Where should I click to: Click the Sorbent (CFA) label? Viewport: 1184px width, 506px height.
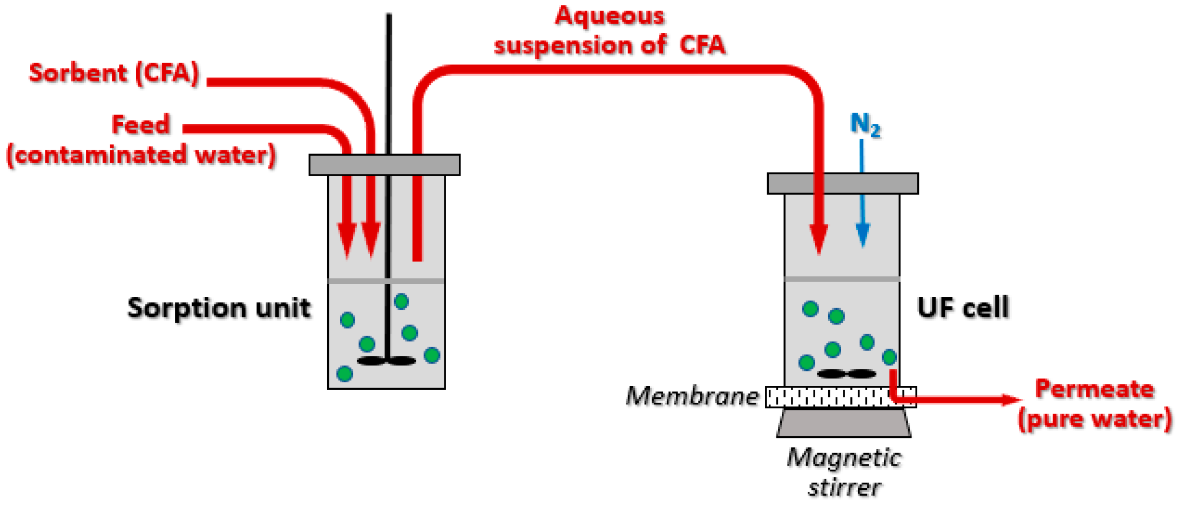click(x=114, y=73)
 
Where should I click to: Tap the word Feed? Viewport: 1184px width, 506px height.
click(x=141, y=125)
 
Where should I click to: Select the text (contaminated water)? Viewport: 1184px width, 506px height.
click(x=141, y=155)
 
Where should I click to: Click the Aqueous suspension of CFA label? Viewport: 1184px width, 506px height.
click(x=610, y=31)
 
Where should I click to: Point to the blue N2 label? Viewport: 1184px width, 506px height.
click(x=865, y=124)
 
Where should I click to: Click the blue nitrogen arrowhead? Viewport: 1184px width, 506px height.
click(x=863, y=235)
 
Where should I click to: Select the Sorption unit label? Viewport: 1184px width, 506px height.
click(x=219, y=308)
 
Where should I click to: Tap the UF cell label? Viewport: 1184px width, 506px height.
click(x=963, y=308)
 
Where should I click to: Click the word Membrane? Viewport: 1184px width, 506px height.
click(x=692, y=396)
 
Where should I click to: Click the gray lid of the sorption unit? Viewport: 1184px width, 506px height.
click(x=384, y=165)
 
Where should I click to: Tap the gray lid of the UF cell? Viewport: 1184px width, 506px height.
click(x=842, y=183)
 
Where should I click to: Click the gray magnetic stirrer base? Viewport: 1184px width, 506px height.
click(x=844, y=423)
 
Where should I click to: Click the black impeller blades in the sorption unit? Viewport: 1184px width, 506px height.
click(x=387, y=361)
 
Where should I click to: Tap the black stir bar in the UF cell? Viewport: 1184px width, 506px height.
click(x=846, y=374)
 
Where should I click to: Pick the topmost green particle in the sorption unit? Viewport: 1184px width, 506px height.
click(x=401, y=301)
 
